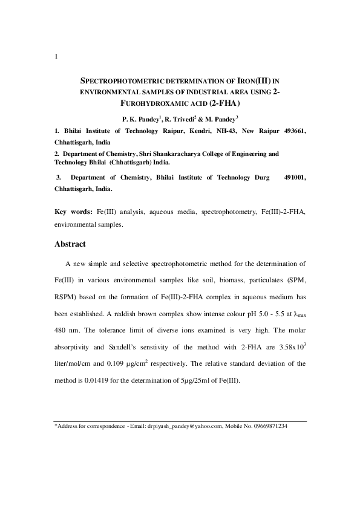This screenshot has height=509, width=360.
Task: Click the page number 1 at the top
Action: click(56, 57)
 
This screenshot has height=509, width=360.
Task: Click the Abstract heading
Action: click(70, 244)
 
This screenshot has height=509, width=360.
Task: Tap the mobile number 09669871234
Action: click(264, 427)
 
